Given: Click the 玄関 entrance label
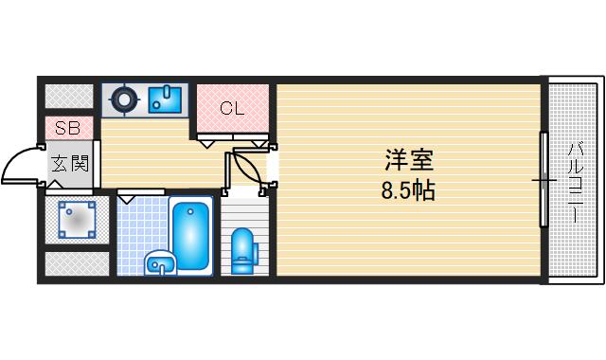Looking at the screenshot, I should (x=69, y=164).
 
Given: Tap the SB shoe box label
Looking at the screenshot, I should (x=67, y=128).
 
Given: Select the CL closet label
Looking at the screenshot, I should (x=232, y=108).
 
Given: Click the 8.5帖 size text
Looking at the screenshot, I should (x=408, y=190).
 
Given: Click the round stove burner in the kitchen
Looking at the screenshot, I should (x=122, y=99).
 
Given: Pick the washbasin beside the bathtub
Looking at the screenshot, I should (x=158, y=263).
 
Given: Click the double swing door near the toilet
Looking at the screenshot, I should (x=248, y=168).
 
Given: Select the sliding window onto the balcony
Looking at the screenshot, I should (x=543, y=179).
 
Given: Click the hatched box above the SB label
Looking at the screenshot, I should (x=69, y=96).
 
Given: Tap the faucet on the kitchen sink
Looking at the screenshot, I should (x=167, y=93).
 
